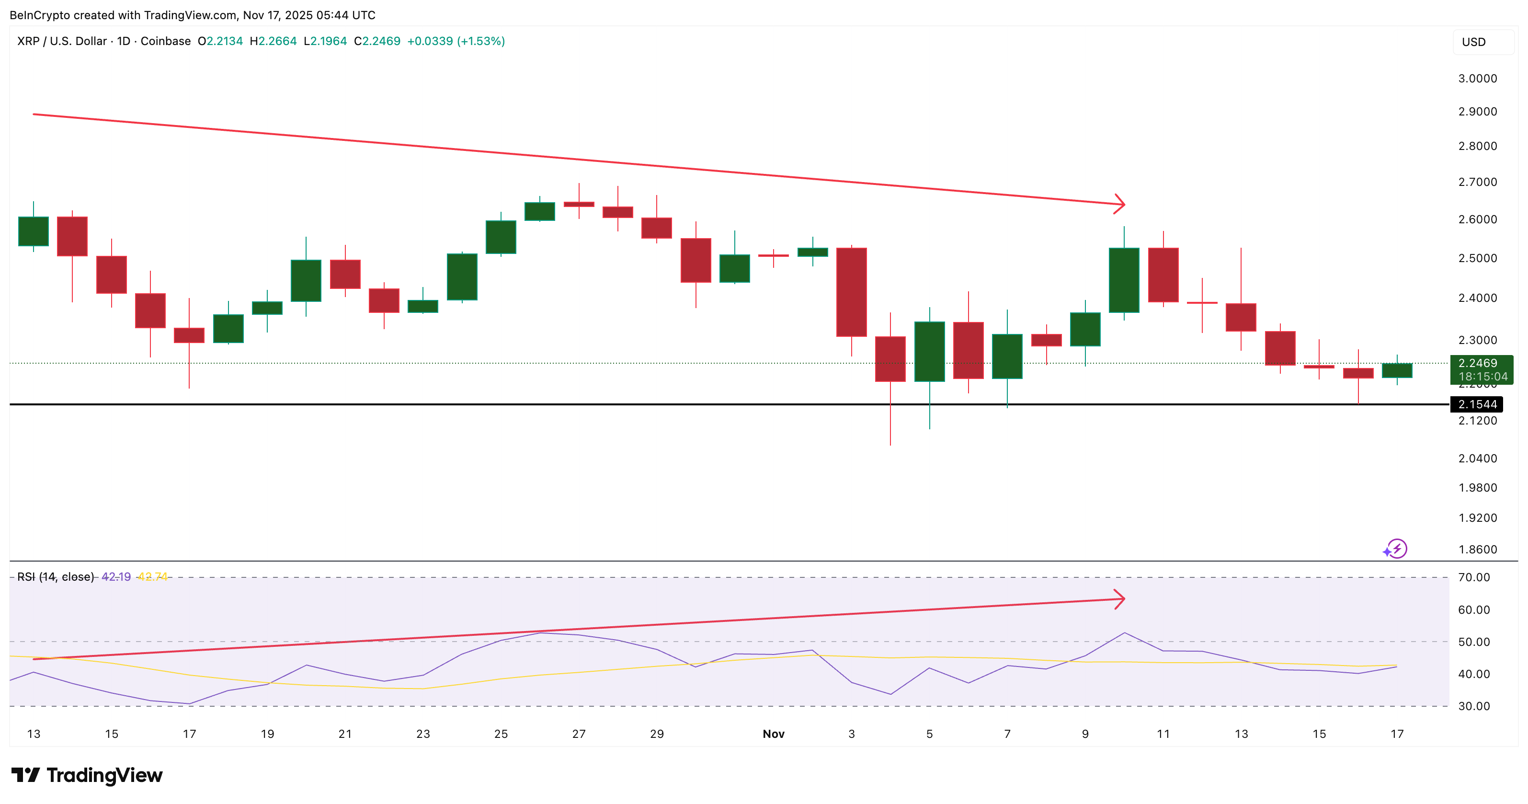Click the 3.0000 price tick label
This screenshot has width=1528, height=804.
(x=1477, y=78)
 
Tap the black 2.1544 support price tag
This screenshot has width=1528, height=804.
(x=1477, y=404)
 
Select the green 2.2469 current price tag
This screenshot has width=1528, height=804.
(x=1481, y=369)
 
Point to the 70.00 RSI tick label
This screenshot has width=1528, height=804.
(x=1473, y=577)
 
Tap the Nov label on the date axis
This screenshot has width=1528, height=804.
(x=773, y=734)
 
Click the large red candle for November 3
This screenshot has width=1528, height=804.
(x=851, y=292)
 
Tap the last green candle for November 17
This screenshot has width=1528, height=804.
(x=1397, y=370)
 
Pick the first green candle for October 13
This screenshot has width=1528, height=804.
(x=33, y=231)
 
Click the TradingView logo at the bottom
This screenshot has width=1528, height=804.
(x=87, y=775)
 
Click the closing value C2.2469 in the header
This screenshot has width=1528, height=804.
(x=376, y=41)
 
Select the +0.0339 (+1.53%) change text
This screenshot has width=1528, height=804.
(x=456, y=41)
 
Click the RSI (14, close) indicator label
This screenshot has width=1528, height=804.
(x=55, y=577)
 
